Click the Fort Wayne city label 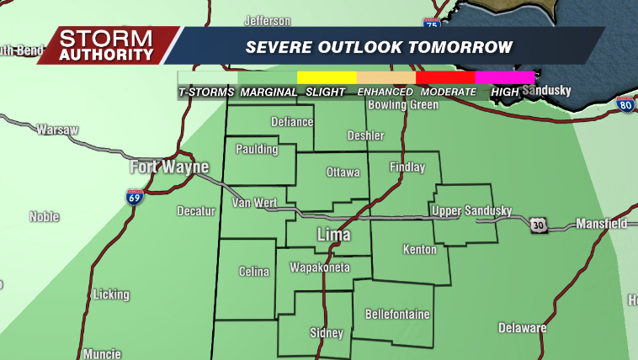tap(168, 167)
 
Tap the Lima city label tap(333, 235)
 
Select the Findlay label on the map tap(407, 167)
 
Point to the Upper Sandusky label tap(471, 210)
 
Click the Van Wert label tap(253, 204)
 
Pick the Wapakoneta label tap(319, 268)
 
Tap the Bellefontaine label tap(397, 315)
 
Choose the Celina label tap(254, 272)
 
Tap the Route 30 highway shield tap(540, 225)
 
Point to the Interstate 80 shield tap(625, 103)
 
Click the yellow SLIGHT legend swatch tap(327, 77)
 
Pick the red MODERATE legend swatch tap(445, 77)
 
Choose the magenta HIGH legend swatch tap(505, 77)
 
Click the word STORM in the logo tap(106, 39)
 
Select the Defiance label tap(292, 121)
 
